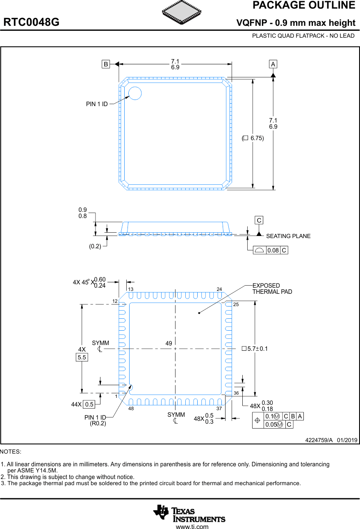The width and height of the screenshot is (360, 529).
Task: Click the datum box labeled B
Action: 106,64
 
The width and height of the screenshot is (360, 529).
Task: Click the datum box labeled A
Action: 273,64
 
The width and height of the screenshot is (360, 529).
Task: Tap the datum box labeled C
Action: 259,220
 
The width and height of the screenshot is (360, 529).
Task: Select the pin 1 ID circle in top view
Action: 135,93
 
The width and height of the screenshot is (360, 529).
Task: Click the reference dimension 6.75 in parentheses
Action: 253,138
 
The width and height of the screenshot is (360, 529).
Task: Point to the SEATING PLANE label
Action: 288,236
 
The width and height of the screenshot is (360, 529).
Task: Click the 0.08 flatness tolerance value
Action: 273,250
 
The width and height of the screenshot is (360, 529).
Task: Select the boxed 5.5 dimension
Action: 82,357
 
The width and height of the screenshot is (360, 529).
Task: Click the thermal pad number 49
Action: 169,343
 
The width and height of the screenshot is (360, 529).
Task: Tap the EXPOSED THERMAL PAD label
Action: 272,288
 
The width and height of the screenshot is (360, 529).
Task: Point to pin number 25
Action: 236,304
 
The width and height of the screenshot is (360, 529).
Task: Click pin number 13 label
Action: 131,289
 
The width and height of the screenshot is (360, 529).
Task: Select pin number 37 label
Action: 219,409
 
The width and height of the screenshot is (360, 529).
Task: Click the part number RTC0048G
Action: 32,23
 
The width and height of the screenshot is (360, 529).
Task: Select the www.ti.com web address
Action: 192,527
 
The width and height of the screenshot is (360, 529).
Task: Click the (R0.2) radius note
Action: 98,423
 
